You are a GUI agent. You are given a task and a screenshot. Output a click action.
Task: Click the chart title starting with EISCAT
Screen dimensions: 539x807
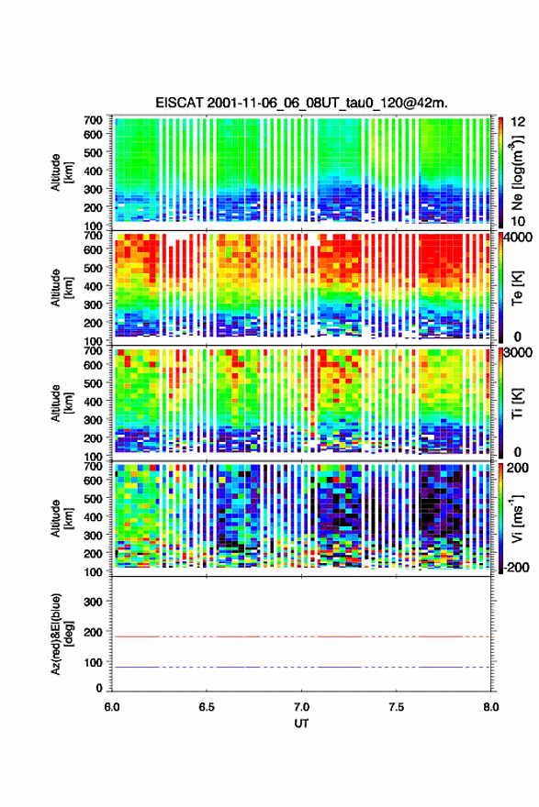(301, 103)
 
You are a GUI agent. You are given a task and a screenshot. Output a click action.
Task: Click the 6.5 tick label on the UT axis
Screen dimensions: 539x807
(207, 707)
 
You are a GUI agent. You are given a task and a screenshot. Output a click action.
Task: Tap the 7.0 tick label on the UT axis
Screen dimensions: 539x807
(301, 707)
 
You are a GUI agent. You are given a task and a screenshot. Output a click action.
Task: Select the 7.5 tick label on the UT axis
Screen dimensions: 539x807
(397, 707)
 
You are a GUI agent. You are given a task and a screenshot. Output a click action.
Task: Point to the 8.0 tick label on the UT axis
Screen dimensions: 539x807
(491, 707)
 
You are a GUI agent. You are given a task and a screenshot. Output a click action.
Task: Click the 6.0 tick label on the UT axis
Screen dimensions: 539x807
(112, 707)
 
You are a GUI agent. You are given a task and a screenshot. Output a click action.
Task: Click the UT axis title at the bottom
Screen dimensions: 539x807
(301, 724)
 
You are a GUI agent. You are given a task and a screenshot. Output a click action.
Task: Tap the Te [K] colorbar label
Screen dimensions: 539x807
(517, 288)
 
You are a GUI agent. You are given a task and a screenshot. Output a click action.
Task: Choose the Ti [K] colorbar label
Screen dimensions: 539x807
(517, 403)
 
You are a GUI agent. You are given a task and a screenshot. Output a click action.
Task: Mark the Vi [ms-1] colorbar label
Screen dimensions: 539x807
(517, 518)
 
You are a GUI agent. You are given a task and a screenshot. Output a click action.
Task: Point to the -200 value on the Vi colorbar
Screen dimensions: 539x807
(516, 568)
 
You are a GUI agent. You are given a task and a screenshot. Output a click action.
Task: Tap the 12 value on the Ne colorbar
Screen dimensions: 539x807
(518, 122)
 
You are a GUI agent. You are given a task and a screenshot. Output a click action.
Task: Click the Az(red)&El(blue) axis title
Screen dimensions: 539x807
(62, 634)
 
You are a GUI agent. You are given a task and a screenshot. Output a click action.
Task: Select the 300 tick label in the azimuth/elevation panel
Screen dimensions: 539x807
(93, 602)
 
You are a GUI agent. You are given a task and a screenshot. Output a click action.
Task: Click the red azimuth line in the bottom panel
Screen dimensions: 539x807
(301, 636)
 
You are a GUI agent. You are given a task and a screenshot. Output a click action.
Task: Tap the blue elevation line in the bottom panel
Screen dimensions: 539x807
(301, 667)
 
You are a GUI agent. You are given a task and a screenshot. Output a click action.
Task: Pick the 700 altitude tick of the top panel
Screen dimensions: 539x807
(93, 120)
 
